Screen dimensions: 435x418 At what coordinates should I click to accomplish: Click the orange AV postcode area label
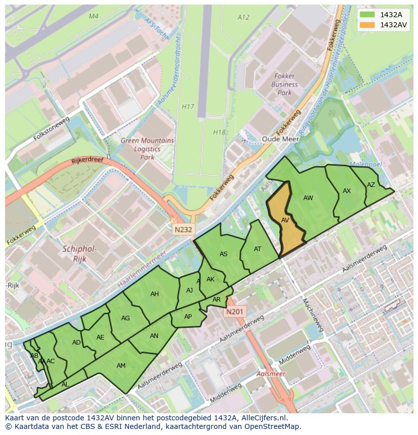coord(285,220)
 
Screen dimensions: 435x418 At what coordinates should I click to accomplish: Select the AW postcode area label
coord(308,198)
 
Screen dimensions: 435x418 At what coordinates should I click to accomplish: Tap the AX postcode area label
coord(347,191)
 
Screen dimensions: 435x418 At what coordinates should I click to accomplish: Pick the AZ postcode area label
coord(371,185)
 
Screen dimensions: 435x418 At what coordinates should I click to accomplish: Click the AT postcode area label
coord(257,249)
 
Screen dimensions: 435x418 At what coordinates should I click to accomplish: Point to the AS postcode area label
coord(224,254)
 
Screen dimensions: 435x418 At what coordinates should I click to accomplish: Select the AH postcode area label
coord(154,294)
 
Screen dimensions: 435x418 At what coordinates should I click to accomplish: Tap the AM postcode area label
coord(121,366)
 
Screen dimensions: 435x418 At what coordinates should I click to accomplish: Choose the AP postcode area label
coord(188,317)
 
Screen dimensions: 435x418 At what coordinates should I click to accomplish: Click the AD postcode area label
coord(76,343)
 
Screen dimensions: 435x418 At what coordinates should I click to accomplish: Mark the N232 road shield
coord(183,229)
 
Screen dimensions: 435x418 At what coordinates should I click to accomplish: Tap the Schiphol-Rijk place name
coord(79,254)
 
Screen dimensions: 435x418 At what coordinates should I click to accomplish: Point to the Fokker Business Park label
coord(285,85)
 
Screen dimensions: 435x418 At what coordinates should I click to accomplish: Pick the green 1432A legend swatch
coord(367,15)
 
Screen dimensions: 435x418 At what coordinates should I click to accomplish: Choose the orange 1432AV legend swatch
coord(367,25)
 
